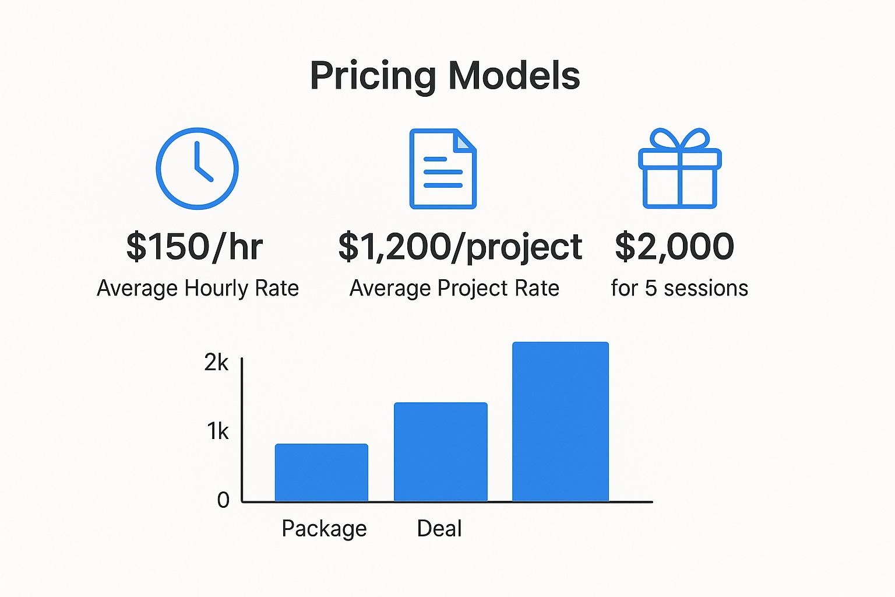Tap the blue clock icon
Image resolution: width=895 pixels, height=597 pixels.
tap(198, 168)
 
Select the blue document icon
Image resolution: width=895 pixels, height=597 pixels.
tap(443, 168)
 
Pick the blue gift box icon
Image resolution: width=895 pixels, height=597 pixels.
tap(679, 168)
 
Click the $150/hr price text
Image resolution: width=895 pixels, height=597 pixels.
tap(195, 247)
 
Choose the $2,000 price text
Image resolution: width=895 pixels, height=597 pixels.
tap(674, 247)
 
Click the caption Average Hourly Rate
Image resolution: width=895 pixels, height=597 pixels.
tap(198, 288)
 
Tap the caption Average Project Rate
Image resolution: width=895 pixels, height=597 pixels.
tap(454, 288)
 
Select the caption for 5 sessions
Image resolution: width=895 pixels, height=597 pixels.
tap(679, 288)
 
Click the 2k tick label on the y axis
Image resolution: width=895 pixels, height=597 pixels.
tap(216, 363)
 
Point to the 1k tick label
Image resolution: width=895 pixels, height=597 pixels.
tap(218, 431)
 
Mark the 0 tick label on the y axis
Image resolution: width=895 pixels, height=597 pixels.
tap(223, 500)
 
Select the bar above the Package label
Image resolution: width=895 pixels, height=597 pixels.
tap(322, 472)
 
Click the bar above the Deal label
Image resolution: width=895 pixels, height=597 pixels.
tap(441, 452)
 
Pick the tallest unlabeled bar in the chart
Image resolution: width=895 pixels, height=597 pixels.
tap(561, 422)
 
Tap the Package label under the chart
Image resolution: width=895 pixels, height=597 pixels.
tap(324, 529)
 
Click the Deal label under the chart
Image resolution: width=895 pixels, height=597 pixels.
tap(439, 528)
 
